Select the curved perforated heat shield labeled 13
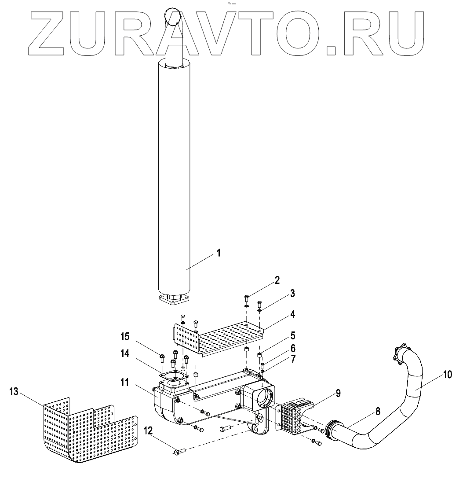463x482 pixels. (88, 431)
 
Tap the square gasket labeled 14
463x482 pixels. (174, 375)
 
